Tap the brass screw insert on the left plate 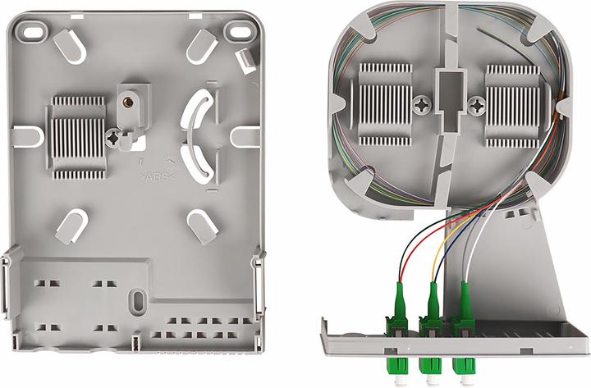coord(128,103)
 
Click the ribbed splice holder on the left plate coord(77,135)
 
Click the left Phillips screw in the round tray coord(422,105)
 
